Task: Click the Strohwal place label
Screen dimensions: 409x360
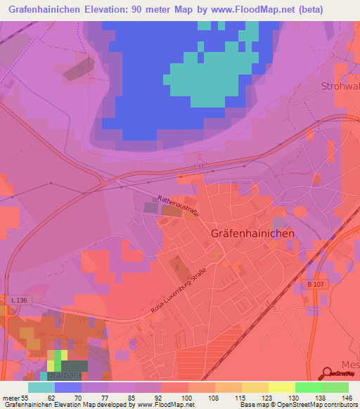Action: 340,86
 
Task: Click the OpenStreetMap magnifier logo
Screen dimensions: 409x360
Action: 329,373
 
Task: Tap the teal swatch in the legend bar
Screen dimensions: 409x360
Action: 41,387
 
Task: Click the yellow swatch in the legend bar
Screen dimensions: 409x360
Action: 281,387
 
